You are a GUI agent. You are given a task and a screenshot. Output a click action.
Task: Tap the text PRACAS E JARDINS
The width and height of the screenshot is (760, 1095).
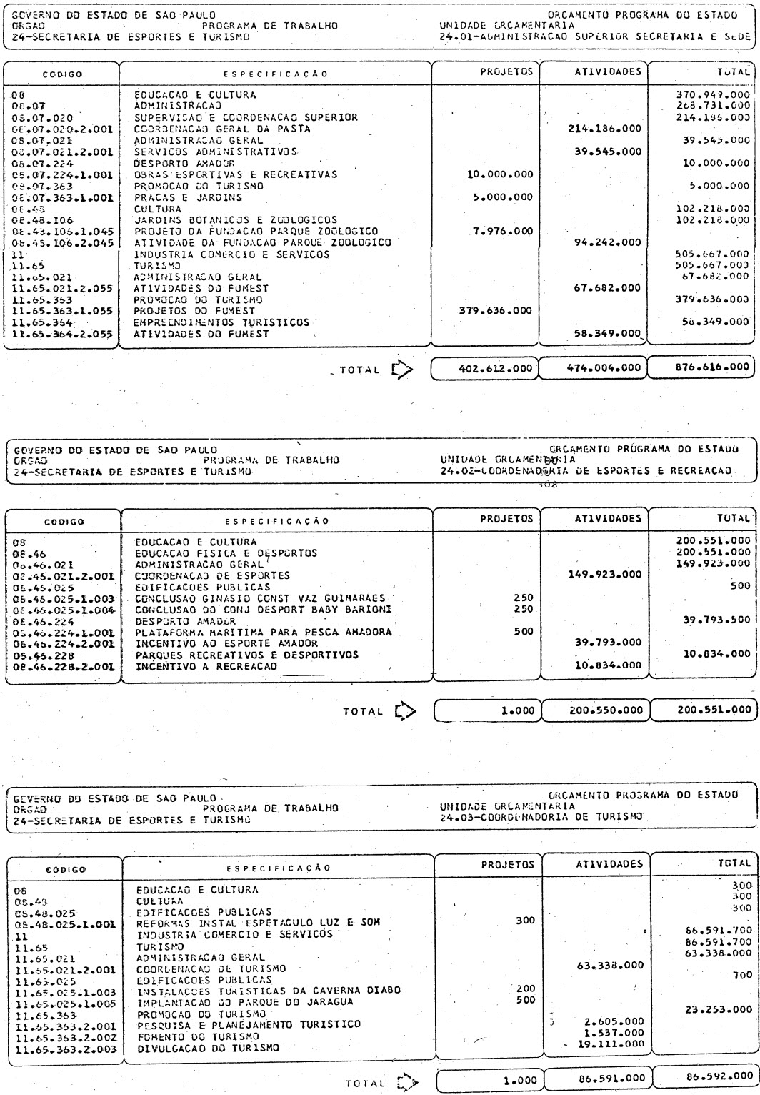point(189,197)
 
